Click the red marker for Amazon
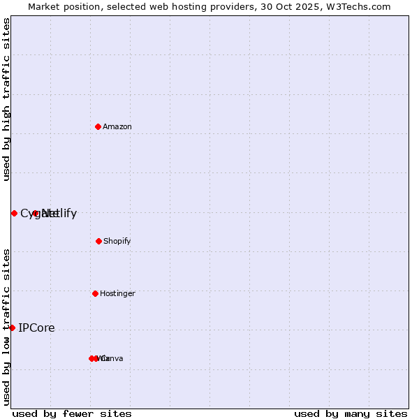(x=98, y=126)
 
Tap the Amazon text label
(x=117, y=126)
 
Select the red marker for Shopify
(x=98, y=241)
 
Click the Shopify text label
(x=117, y=241)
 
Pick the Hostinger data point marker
(x=95, y=293)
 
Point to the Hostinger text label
(x=117, y=293)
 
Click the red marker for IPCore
(x=12, y=328)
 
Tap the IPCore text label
(x=36, y=328)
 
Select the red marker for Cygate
(x=14, y=213)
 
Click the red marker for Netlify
(x=36, y=213)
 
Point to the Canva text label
(x=112, y=358)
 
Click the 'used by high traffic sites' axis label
(x=6, y=99)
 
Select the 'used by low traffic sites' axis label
(x=6, y=326)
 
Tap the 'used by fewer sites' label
(x=72, y=413)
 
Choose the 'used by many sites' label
(x=351, y=413)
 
